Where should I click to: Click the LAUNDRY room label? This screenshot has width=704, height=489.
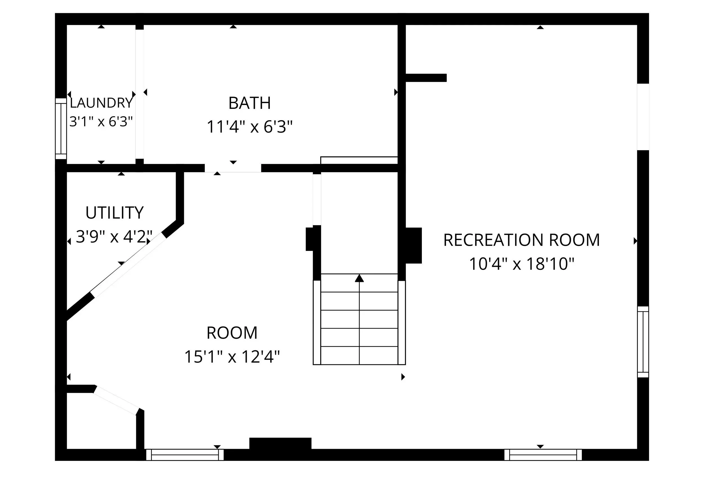click(x=101, y=103)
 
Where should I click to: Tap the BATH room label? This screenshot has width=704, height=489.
click(x=249, y=103)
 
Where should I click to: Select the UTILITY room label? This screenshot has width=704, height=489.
click(x=114, y=213)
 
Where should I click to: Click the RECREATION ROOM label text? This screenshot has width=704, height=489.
click(x=522, y=240)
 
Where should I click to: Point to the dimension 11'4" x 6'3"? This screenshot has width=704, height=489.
click(x=249, y=127)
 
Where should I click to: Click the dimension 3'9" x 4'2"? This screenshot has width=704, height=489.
click(x=114, y=237)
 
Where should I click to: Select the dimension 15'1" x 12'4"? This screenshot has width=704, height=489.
click(x=232, y=357)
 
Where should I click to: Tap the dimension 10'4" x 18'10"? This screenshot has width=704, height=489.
click(x=522, y=264)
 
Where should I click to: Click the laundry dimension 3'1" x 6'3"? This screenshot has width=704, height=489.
click(x=101, y=121)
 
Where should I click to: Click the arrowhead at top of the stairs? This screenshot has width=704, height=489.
click(x=359, y=278)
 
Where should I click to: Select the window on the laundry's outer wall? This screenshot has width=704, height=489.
click(x=61, y=129)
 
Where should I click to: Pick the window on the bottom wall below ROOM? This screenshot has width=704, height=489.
click(x=184, y=455)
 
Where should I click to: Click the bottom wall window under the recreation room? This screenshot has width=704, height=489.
click(x=543, y=455)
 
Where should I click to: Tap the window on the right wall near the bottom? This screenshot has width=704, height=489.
click(x=643, y=342)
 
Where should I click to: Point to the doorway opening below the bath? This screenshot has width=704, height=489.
click(x=233, y=168)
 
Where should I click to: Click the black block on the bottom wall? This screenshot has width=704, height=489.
click(x=280, y=443)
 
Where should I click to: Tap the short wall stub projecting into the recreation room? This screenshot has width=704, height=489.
click(x=426, y=78)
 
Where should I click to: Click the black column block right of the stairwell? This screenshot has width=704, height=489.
click(x=414, y=245)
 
